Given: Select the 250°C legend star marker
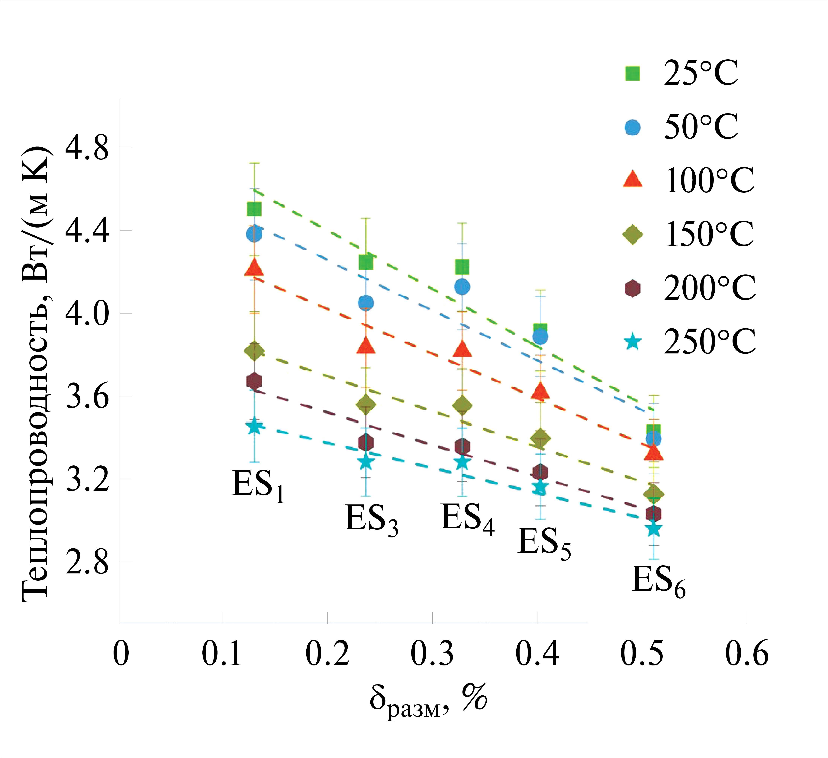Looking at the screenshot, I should (x=633, y=342).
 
